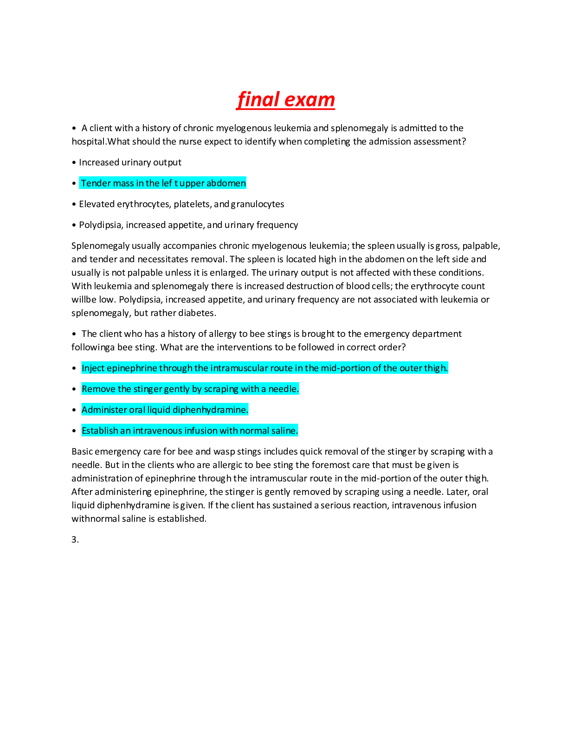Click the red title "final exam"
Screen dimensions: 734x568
pyautogui.click(x=285, y=100)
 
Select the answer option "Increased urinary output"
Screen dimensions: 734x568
pyautogui.click(x=130, y=163)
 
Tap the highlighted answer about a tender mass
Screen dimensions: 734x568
pyautogui.click(x=163, y=183)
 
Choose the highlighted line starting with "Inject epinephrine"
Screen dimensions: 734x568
pyautogui.click(x=265, y=368)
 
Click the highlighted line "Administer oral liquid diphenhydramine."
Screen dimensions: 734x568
pyautogui.click(x=165, y=410)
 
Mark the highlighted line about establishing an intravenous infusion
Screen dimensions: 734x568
pyautogui.click(x=189, y=431)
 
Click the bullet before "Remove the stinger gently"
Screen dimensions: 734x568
pyautogui.click(x=74, y=389)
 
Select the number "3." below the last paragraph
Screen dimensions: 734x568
pyautogui.click(x=75, y=540)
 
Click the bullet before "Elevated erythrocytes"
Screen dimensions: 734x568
pyautogui.click(x=74, y=204)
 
